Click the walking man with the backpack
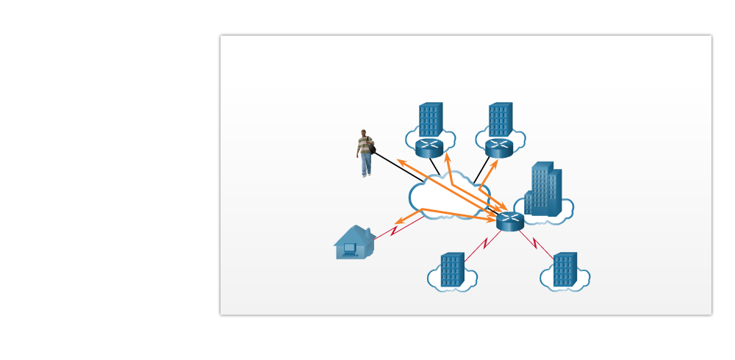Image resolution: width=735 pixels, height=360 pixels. click(x=365, y=154)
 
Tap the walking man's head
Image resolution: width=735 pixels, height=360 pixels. click(x=363, y=133)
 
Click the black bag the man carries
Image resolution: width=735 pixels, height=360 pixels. click(x=372, y=149)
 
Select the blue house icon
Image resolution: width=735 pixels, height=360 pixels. click(x=354, y=242)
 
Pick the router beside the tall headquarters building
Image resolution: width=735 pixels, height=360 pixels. click(x=509, y=220)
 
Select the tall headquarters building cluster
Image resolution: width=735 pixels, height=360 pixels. click(x=545, y=190)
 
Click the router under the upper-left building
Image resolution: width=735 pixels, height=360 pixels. click(x=429, y=148)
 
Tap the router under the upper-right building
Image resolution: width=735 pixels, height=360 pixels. click(x=498, y=148)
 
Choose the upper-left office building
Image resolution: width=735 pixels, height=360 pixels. click(x=430, y=120)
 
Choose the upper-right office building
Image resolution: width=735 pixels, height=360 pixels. click(x=500, y=120)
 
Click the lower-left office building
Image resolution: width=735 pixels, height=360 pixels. click(x=452, y=270)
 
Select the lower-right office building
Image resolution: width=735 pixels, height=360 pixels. click(x=564, y=270)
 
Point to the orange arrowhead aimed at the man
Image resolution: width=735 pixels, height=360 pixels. click(x=401, y=162)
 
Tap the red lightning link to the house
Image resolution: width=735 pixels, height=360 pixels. click(x=395, y=230)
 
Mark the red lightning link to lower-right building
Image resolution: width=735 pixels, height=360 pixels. click(x=536, y=243)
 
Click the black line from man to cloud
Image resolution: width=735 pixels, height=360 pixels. click(x=397, y=166)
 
